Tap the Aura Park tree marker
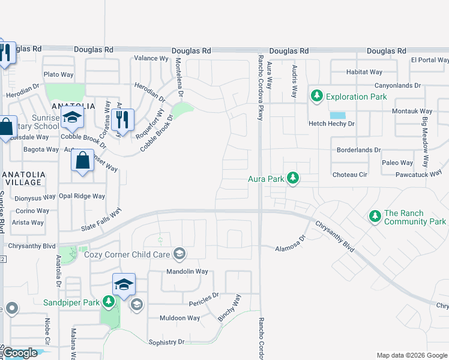click(x=293, y=178)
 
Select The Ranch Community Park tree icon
click(x=375, y=215)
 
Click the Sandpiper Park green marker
click(x=109, y=301)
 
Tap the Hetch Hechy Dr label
click(x=332, y=124)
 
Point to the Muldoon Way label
click(x=179, y=318)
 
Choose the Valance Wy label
click(x=151, y=58)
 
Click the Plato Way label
click(x=58, y=74)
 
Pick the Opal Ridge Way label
click(x=82, y=196)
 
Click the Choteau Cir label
click(x=350, y=175)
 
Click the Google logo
click(x=20, y=353)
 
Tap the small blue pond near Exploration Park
click(x=338, y=115)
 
